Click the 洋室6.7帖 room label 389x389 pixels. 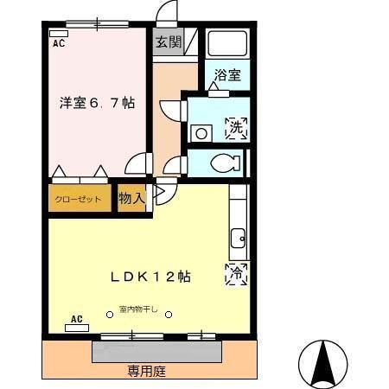97,103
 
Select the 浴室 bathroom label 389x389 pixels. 227,75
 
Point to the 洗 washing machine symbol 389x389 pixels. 236,129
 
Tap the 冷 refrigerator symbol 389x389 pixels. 236,274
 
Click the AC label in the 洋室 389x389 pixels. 59,41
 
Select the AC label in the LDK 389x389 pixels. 76,319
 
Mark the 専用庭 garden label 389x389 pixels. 146,371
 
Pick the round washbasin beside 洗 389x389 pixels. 201,133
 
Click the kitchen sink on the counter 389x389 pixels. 236,235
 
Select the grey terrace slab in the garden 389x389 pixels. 156,350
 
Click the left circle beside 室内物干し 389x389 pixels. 110,313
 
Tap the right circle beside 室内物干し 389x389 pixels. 169,313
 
